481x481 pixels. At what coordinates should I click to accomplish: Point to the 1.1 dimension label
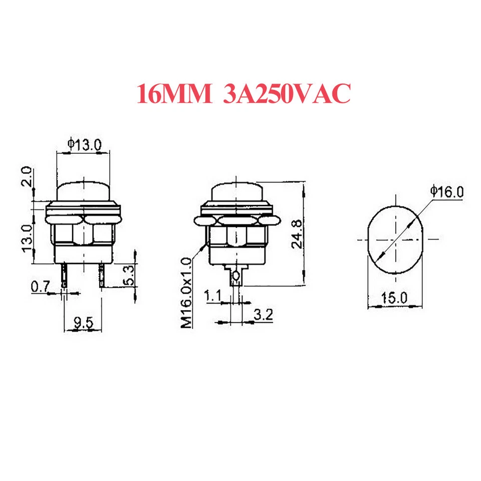213,296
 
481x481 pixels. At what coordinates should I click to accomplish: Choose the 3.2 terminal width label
261,315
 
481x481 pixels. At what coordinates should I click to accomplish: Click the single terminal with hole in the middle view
236,276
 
